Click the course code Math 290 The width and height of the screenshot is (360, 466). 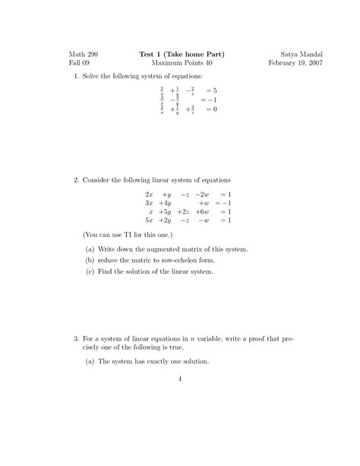pyautogui.click(x=84, y=55)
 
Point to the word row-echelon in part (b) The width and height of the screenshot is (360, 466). pyautogui.click(x=185, y=260)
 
